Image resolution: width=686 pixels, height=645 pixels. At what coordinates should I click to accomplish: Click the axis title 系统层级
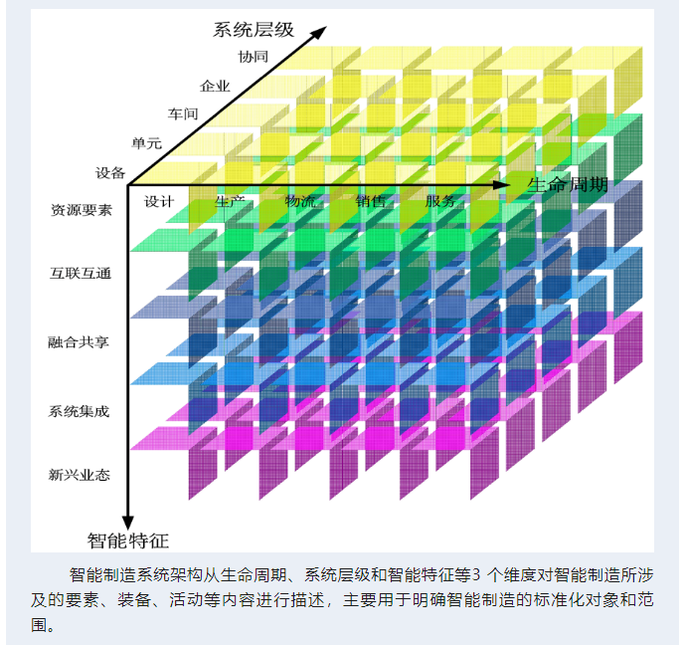(x=254, y=29)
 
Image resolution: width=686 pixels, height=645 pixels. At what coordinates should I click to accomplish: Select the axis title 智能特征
(x=128, y=541)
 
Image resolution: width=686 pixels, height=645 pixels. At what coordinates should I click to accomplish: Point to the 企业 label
(x=215, y=86)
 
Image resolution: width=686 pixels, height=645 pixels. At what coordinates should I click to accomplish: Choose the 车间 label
(x=184, y=114)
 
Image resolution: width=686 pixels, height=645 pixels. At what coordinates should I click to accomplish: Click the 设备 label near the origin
(x=110, y=172)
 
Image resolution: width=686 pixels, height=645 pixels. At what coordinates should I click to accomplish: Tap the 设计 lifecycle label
(x=159, y=201)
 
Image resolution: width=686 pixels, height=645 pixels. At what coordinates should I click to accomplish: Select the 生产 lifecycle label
(x=230, y=201)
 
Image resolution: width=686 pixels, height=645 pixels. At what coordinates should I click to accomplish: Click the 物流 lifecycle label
(x=299, y=201)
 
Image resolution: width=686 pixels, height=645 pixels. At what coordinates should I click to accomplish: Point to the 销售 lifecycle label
(x=371, y=201)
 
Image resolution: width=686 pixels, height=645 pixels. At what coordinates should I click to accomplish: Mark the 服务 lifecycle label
(x=440, y=201)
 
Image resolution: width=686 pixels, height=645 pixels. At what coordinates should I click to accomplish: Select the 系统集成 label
(x=81, y=410)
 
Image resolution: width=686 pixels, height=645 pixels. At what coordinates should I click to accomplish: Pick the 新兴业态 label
(x=81, y=475)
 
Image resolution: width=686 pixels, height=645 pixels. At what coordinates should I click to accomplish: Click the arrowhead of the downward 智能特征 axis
(x=127, y=522)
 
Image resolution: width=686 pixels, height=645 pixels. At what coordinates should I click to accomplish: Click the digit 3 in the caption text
(x=475, y=575)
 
